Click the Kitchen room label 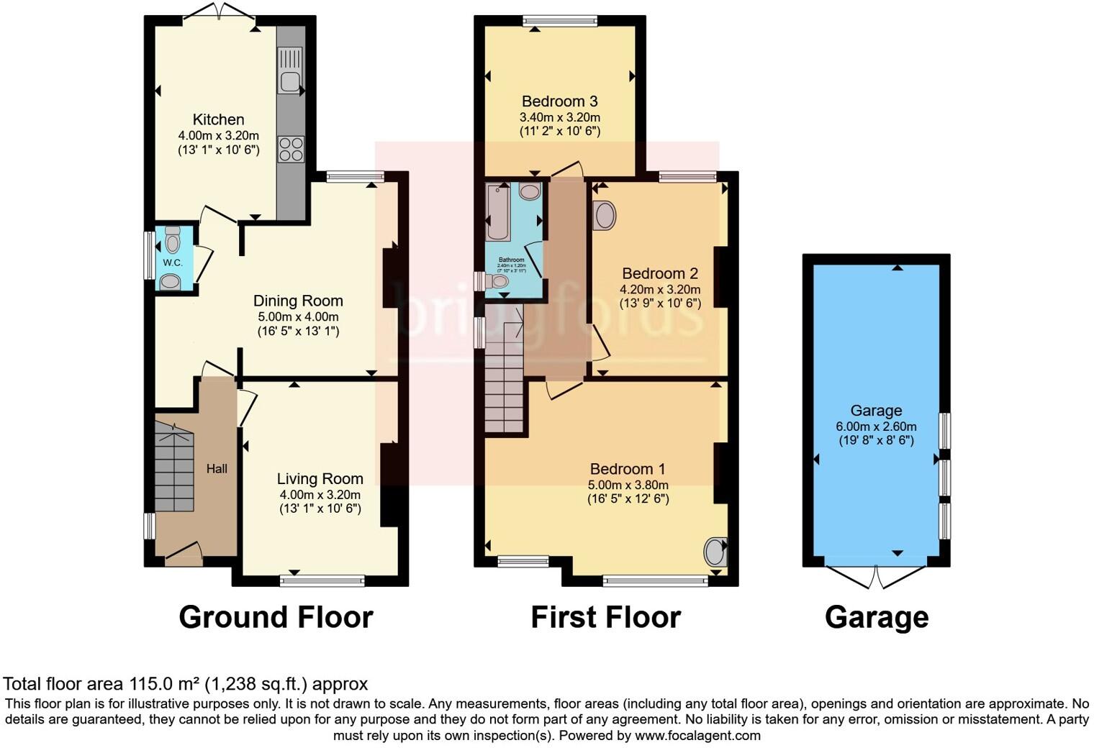click(x=218, y=119)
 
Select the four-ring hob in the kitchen click(x=291, y=149)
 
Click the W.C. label click(x=172, y=263)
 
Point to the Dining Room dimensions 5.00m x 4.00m click(x=298, y=316)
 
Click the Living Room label click(x=320, y=479)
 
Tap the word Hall click(x=217, y=469)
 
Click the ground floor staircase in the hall click(x=174, y=467)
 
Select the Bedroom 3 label click(x=559, y=101)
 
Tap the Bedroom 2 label click(x=659, y=273)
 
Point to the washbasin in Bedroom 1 click(x=715, y=552)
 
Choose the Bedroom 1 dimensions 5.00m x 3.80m click(x=628, y=485)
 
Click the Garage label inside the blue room click(x=876, y=411)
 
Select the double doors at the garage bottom click(x=876, y=576)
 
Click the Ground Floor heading click(x=276, y=617)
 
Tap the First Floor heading click(x=605, y=617)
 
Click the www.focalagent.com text click(x=697, y=736)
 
